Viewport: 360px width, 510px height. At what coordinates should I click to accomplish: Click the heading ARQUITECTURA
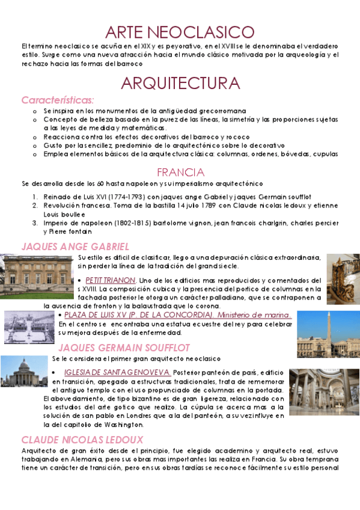[180, 82]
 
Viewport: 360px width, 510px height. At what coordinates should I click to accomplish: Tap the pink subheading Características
[58, 100]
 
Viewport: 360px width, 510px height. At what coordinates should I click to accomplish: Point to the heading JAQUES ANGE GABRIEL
[75, 247]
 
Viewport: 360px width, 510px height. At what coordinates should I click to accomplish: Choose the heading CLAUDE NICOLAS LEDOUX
[82, 440]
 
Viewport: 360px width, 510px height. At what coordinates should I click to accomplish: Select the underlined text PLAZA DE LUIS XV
[106, 315]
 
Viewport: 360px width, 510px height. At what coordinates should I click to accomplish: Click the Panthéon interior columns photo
[324, 392]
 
